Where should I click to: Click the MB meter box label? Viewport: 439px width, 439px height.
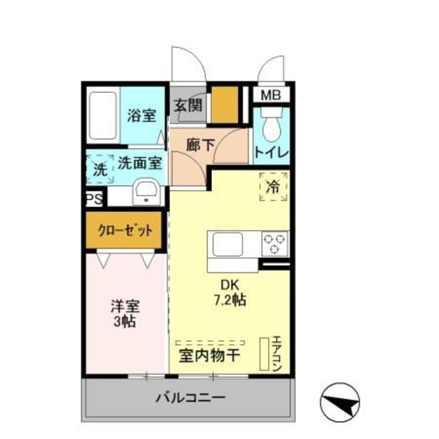[x=271, y=95]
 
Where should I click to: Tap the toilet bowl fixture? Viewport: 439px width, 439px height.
[x=272, y=124]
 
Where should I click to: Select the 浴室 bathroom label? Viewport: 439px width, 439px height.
[x=142, y=115]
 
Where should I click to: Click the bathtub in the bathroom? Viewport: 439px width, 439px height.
[x=103, y=115]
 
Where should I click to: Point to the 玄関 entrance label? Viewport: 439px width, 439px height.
[x=188, y=105]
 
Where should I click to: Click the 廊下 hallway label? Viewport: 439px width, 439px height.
[x=200, y=145]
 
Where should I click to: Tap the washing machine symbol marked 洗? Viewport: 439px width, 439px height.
[x=100, y=169]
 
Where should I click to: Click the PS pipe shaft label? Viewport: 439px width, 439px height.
[x=94, y=200]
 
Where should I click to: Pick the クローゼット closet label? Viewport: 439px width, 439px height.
[x=125, y=230]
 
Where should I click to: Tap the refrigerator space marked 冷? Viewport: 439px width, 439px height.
[x=273, y=187]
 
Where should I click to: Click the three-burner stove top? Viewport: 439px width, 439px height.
[x=274, y=244]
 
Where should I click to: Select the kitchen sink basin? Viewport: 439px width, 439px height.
[x=227, y=244]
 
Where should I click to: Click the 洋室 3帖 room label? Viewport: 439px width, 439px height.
[x=125, y=313]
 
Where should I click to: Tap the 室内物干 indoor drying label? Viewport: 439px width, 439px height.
[x=209, y=355]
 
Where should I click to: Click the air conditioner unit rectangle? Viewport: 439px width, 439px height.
[x=264, y=354]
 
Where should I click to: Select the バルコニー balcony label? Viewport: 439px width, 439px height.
[x=191, y=398]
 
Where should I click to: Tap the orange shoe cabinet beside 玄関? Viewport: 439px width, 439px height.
[x=224, y=105]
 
